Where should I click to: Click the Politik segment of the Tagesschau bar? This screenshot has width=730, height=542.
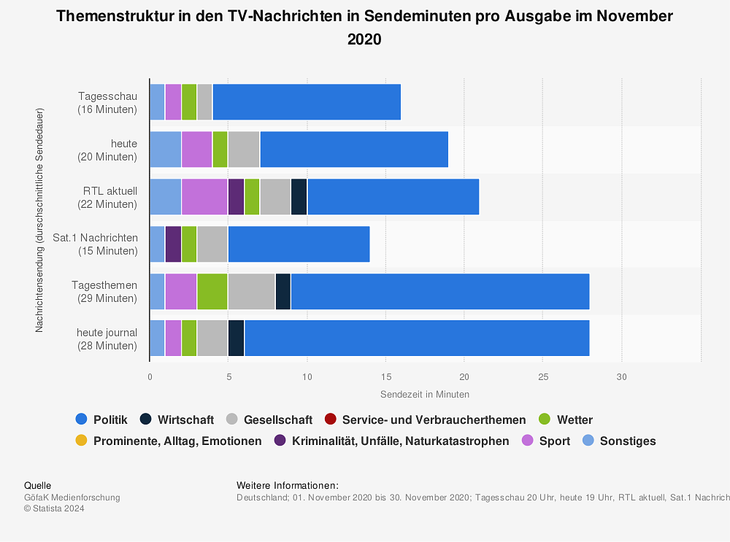tap(307, 102)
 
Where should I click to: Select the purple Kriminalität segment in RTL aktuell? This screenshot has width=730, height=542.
tap(236, 197)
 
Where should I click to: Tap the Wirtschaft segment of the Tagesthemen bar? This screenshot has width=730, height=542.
tap(283, 292)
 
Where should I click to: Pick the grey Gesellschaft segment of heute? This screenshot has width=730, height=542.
tap(244, 150)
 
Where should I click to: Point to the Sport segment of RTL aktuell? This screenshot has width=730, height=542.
tap(204, 197)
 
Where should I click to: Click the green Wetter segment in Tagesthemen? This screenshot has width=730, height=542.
tap(212, 292)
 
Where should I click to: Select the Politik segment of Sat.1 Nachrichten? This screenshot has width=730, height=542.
tap(299, 244)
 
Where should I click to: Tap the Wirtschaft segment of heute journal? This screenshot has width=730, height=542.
tap(236, 338)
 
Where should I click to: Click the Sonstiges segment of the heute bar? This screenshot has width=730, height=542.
tap(165, 150)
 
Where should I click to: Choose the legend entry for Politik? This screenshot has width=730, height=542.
tap(101, 419)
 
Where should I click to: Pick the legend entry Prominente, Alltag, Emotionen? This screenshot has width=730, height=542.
tap(169, 441)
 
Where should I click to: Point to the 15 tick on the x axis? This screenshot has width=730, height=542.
tap(385, 377)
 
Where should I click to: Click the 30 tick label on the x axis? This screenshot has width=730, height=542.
tap(621, 377)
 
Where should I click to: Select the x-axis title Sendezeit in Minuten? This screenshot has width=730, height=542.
tap(425, 394)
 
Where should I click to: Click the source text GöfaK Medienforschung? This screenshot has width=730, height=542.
tap(72, 498)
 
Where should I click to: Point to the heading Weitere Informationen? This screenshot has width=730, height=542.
tap(288, 485)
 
